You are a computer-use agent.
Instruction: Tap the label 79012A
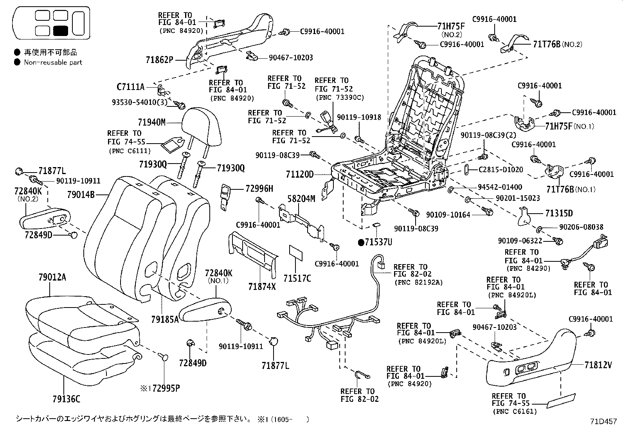[52, 278]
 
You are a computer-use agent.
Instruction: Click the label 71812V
[598, 365]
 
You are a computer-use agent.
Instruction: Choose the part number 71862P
[159, 59]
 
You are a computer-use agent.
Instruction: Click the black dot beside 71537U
[361, 242]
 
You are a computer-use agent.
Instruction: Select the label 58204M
[301, 199]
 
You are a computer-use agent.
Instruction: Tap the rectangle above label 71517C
[296, 254]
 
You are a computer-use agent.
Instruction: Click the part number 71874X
[262, 287]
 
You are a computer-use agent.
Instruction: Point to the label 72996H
[259, 189]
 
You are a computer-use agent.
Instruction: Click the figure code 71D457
[603, 422]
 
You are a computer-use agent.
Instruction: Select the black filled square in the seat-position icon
[61, 31]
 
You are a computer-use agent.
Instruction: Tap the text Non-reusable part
[53, 62]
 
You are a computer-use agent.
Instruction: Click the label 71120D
[299, 174]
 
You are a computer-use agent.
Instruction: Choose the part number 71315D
[559, 213]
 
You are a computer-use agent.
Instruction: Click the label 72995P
[166, 388]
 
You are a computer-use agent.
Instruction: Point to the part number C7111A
[130, 86]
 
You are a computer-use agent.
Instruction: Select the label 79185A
[165, 319]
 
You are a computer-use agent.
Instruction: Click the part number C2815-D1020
[501, 170]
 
